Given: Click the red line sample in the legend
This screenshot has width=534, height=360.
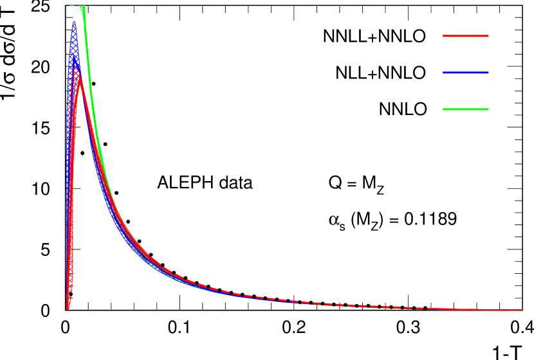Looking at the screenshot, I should point(466,36).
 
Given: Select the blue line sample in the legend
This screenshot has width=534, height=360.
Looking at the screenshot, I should point(466,73).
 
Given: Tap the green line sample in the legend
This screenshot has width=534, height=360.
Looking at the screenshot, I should point(466,109).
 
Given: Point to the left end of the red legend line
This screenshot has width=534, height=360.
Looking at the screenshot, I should point(443,36).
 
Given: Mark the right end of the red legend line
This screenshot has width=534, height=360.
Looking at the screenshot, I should point(488,36).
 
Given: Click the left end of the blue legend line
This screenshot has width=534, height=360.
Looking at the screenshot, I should point(443,73).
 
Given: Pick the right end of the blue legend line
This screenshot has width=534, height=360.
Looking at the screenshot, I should point(488,73).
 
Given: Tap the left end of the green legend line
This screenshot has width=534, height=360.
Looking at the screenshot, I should point(443,109).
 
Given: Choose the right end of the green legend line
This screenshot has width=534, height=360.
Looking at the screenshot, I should point(488,109).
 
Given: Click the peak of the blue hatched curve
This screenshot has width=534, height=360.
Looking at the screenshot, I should point(74,24).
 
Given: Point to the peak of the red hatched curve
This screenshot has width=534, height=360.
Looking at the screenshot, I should point(77,67).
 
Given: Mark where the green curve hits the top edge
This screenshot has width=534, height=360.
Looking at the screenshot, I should point(83,6).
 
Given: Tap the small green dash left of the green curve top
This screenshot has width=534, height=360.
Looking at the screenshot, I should point(73,5).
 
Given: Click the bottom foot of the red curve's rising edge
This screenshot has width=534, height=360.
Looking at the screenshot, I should point(68,308).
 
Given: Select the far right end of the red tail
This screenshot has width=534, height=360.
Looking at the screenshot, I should point(521,310).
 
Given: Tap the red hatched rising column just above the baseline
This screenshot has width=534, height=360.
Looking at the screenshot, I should point(69,283).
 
